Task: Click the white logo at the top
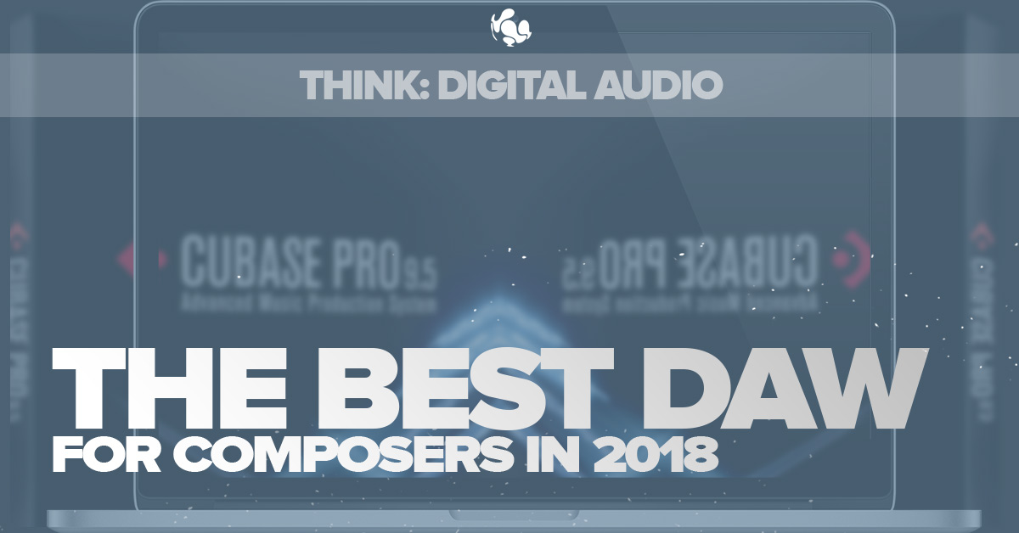(509, 25)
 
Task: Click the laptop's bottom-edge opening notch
(509, 514)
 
